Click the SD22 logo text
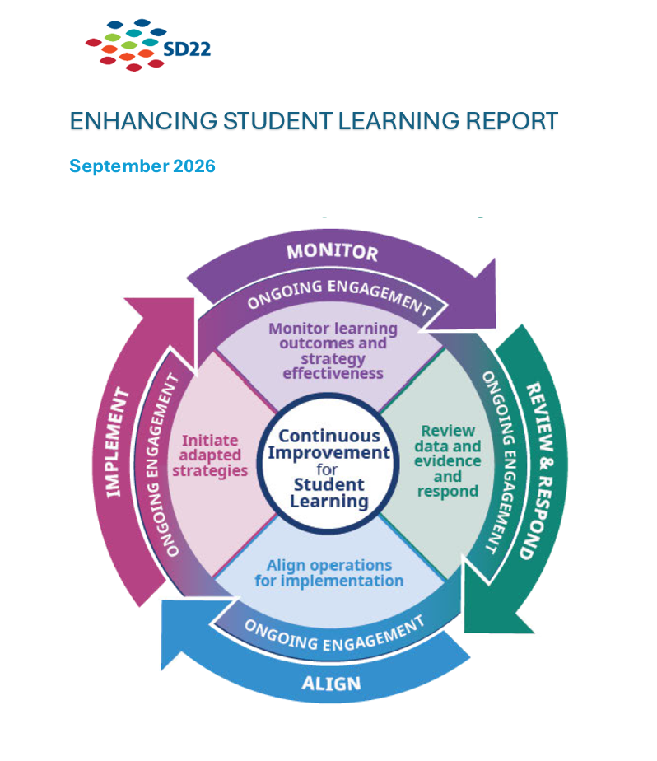coord(187,49)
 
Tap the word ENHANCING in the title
coord(143,121)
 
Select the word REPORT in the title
coord(512,121)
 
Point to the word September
coord(119,166)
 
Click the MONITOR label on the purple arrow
coord(333,252)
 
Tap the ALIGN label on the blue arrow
coord(332,684)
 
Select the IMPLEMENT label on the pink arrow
coord(118,442)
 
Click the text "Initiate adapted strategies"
coord(210,455)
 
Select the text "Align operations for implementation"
coord(329,573)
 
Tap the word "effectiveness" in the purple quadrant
coord(333,373)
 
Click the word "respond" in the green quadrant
coord(448,491)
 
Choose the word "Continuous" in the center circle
coord(329,436)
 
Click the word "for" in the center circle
coord(327,469)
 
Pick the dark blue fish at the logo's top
coord(142,22)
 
